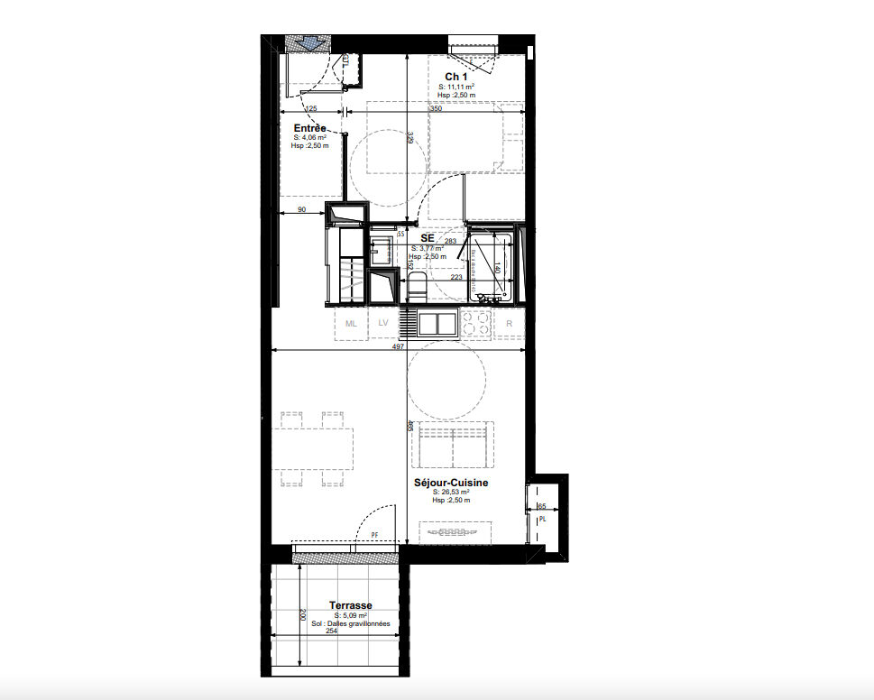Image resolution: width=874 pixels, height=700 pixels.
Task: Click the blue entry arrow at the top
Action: point(308,43)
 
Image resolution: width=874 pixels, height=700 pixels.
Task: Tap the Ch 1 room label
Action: point(456,77)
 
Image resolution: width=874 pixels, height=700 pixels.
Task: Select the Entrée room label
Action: point(309,129)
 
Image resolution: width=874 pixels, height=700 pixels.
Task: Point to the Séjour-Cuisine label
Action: point(452,483)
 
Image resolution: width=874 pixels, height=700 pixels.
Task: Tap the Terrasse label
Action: point(351,606)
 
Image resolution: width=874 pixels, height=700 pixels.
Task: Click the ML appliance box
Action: point(351,323)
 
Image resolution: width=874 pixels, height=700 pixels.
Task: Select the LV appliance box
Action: point(383,323)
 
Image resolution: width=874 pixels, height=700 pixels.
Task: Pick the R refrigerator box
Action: point(510,323)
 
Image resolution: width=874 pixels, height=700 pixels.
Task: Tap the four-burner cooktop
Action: point(475,323)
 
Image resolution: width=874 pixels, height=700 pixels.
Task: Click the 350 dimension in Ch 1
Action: point(436,108)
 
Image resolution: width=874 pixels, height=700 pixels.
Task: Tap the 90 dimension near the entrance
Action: point(302,210)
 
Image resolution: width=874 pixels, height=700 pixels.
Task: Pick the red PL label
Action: point(542,520)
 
